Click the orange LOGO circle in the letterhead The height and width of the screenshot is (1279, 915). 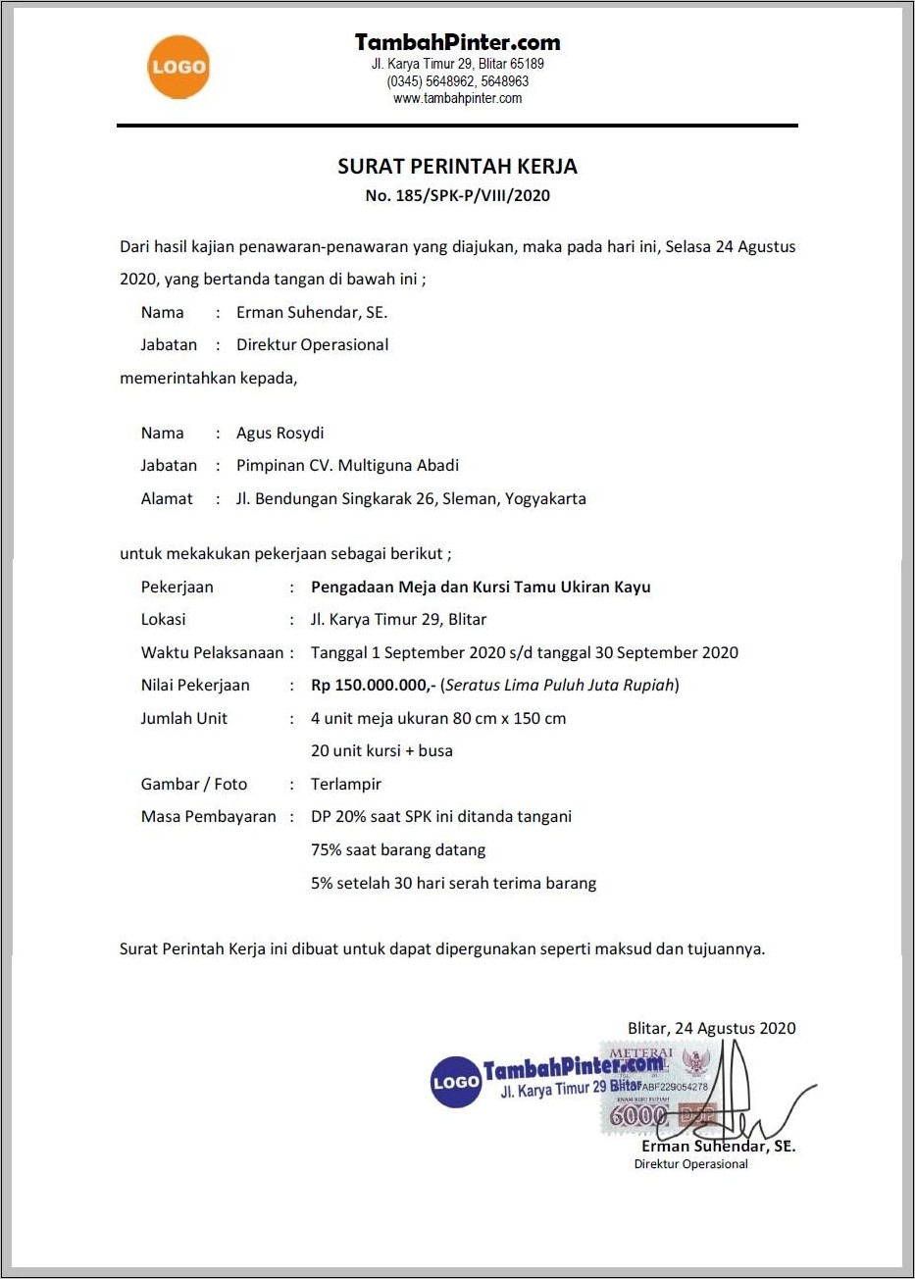coord(178,67)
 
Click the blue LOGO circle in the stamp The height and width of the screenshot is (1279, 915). coord(456,1082)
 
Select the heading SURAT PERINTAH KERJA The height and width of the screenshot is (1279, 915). coord(457,166)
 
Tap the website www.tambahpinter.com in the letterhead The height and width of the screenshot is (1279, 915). coord(457,98)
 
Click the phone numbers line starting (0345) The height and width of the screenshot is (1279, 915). coord(457,81)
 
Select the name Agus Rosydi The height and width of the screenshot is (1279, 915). coord(280,433)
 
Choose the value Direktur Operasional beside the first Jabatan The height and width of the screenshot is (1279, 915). coord(312,344)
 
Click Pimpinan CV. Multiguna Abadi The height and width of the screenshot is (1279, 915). coord(347,465)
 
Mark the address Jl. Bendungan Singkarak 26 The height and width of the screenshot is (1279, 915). coord(335,498)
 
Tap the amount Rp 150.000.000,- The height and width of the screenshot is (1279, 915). coord(373,685)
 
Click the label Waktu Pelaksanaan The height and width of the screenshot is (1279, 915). coord(212,652)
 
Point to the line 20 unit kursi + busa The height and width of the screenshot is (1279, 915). coord(381,750)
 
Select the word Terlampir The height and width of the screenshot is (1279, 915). coord(345,784)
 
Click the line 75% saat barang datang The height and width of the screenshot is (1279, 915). coord(397,849)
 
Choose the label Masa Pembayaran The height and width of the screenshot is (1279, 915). coord(208,816)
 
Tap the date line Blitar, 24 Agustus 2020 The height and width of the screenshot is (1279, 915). coord(711,1028)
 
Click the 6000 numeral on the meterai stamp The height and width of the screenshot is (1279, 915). coord(637,1116)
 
